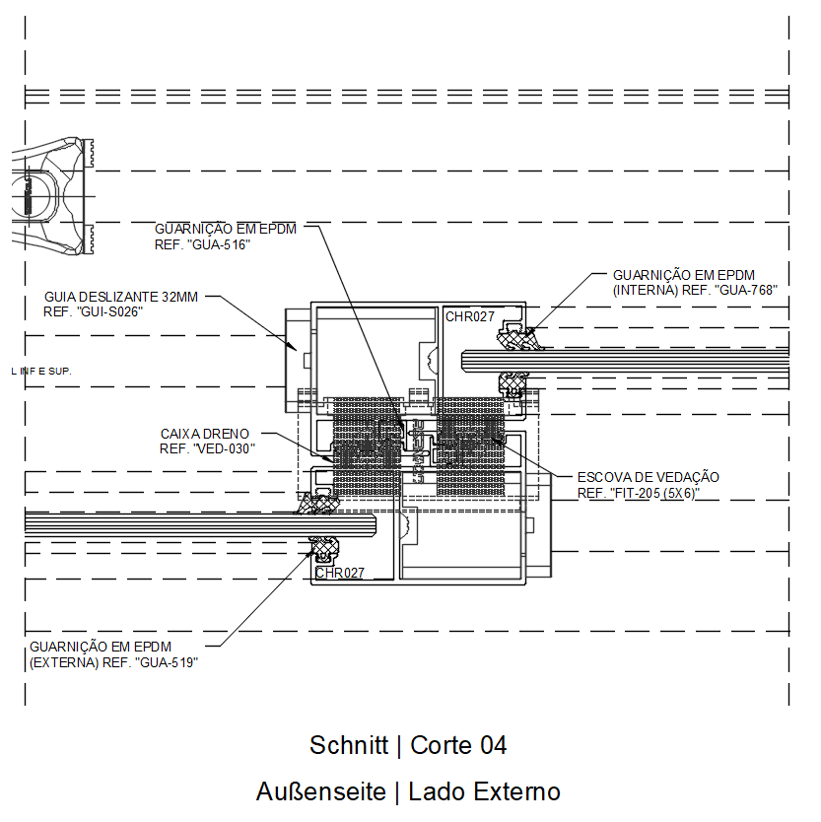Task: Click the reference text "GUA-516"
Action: coord(219,244)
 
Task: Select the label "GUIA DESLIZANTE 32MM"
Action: coord(121,297)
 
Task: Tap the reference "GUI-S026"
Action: coord(109,311)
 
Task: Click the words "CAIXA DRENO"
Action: coord(204,434)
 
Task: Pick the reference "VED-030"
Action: coord(224,448)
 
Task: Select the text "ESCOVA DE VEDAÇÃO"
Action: coord(648,477)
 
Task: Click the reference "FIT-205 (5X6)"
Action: coord(654,493)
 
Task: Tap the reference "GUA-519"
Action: coord(167,662)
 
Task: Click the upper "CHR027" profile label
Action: coord(470,316)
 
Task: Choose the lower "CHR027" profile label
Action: coord(340,573)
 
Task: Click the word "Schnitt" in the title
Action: coord(349,745)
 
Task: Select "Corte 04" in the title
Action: coord(458,745)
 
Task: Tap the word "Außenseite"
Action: coord(321,791)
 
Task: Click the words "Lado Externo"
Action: coord(485,791)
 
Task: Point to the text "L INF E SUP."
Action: coord(40,372)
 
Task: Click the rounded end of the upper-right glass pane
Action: coord(463,361)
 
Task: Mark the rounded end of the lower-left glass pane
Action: coord(374,524)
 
